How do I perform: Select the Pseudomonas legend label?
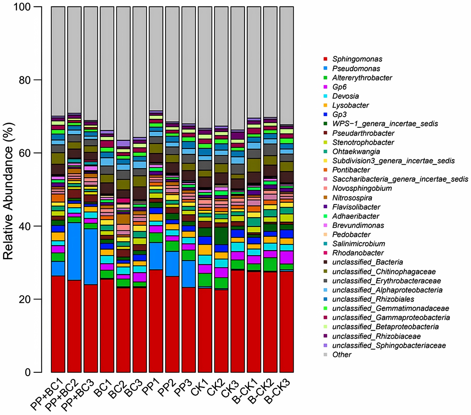(x=351, y=68)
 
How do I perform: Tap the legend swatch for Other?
(x=325, y=355)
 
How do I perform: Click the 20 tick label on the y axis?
(x=24, y=299)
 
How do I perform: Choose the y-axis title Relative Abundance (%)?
(x=9, y=192)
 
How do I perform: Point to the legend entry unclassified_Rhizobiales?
(x=373, y=299)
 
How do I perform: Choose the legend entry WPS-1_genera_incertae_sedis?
(x=385, y=124)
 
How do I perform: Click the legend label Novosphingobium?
(x=362, y=188)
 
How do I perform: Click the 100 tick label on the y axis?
(x=22, y=7)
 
